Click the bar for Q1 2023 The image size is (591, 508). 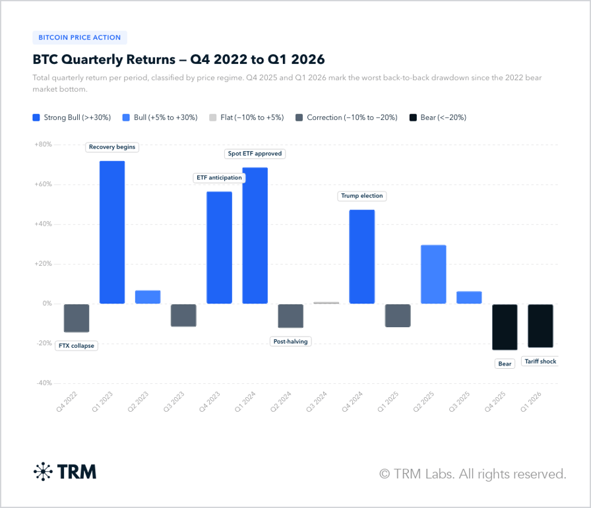112,232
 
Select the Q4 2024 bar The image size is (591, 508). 361,257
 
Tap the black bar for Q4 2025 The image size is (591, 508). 505,327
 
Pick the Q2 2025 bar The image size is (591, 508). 433,274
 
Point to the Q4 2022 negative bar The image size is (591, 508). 77,318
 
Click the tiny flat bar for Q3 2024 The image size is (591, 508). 326,303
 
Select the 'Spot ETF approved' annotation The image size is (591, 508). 255,154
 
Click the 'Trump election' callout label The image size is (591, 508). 361,196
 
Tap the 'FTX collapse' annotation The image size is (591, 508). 77,346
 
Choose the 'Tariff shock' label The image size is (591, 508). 540,362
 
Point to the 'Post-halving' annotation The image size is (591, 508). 290,341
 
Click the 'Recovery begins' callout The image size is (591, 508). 112,147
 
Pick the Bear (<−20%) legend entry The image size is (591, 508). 438,117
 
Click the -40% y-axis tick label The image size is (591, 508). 43,383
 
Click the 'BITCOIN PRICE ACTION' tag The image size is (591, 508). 80,38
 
